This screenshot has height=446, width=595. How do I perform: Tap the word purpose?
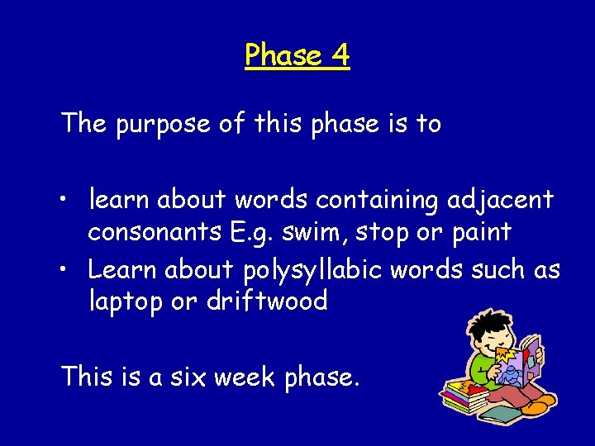click(x=161, y=125)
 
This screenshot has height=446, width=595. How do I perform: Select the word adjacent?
click(x=502, y=200)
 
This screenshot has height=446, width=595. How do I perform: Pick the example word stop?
click(x=383, y=233)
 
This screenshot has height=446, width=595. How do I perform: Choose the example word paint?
click(x=481, y=233)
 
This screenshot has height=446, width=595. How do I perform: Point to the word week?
click(x=245, y=377)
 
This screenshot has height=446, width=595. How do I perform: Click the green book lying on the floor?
click(x=475, y=416)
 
